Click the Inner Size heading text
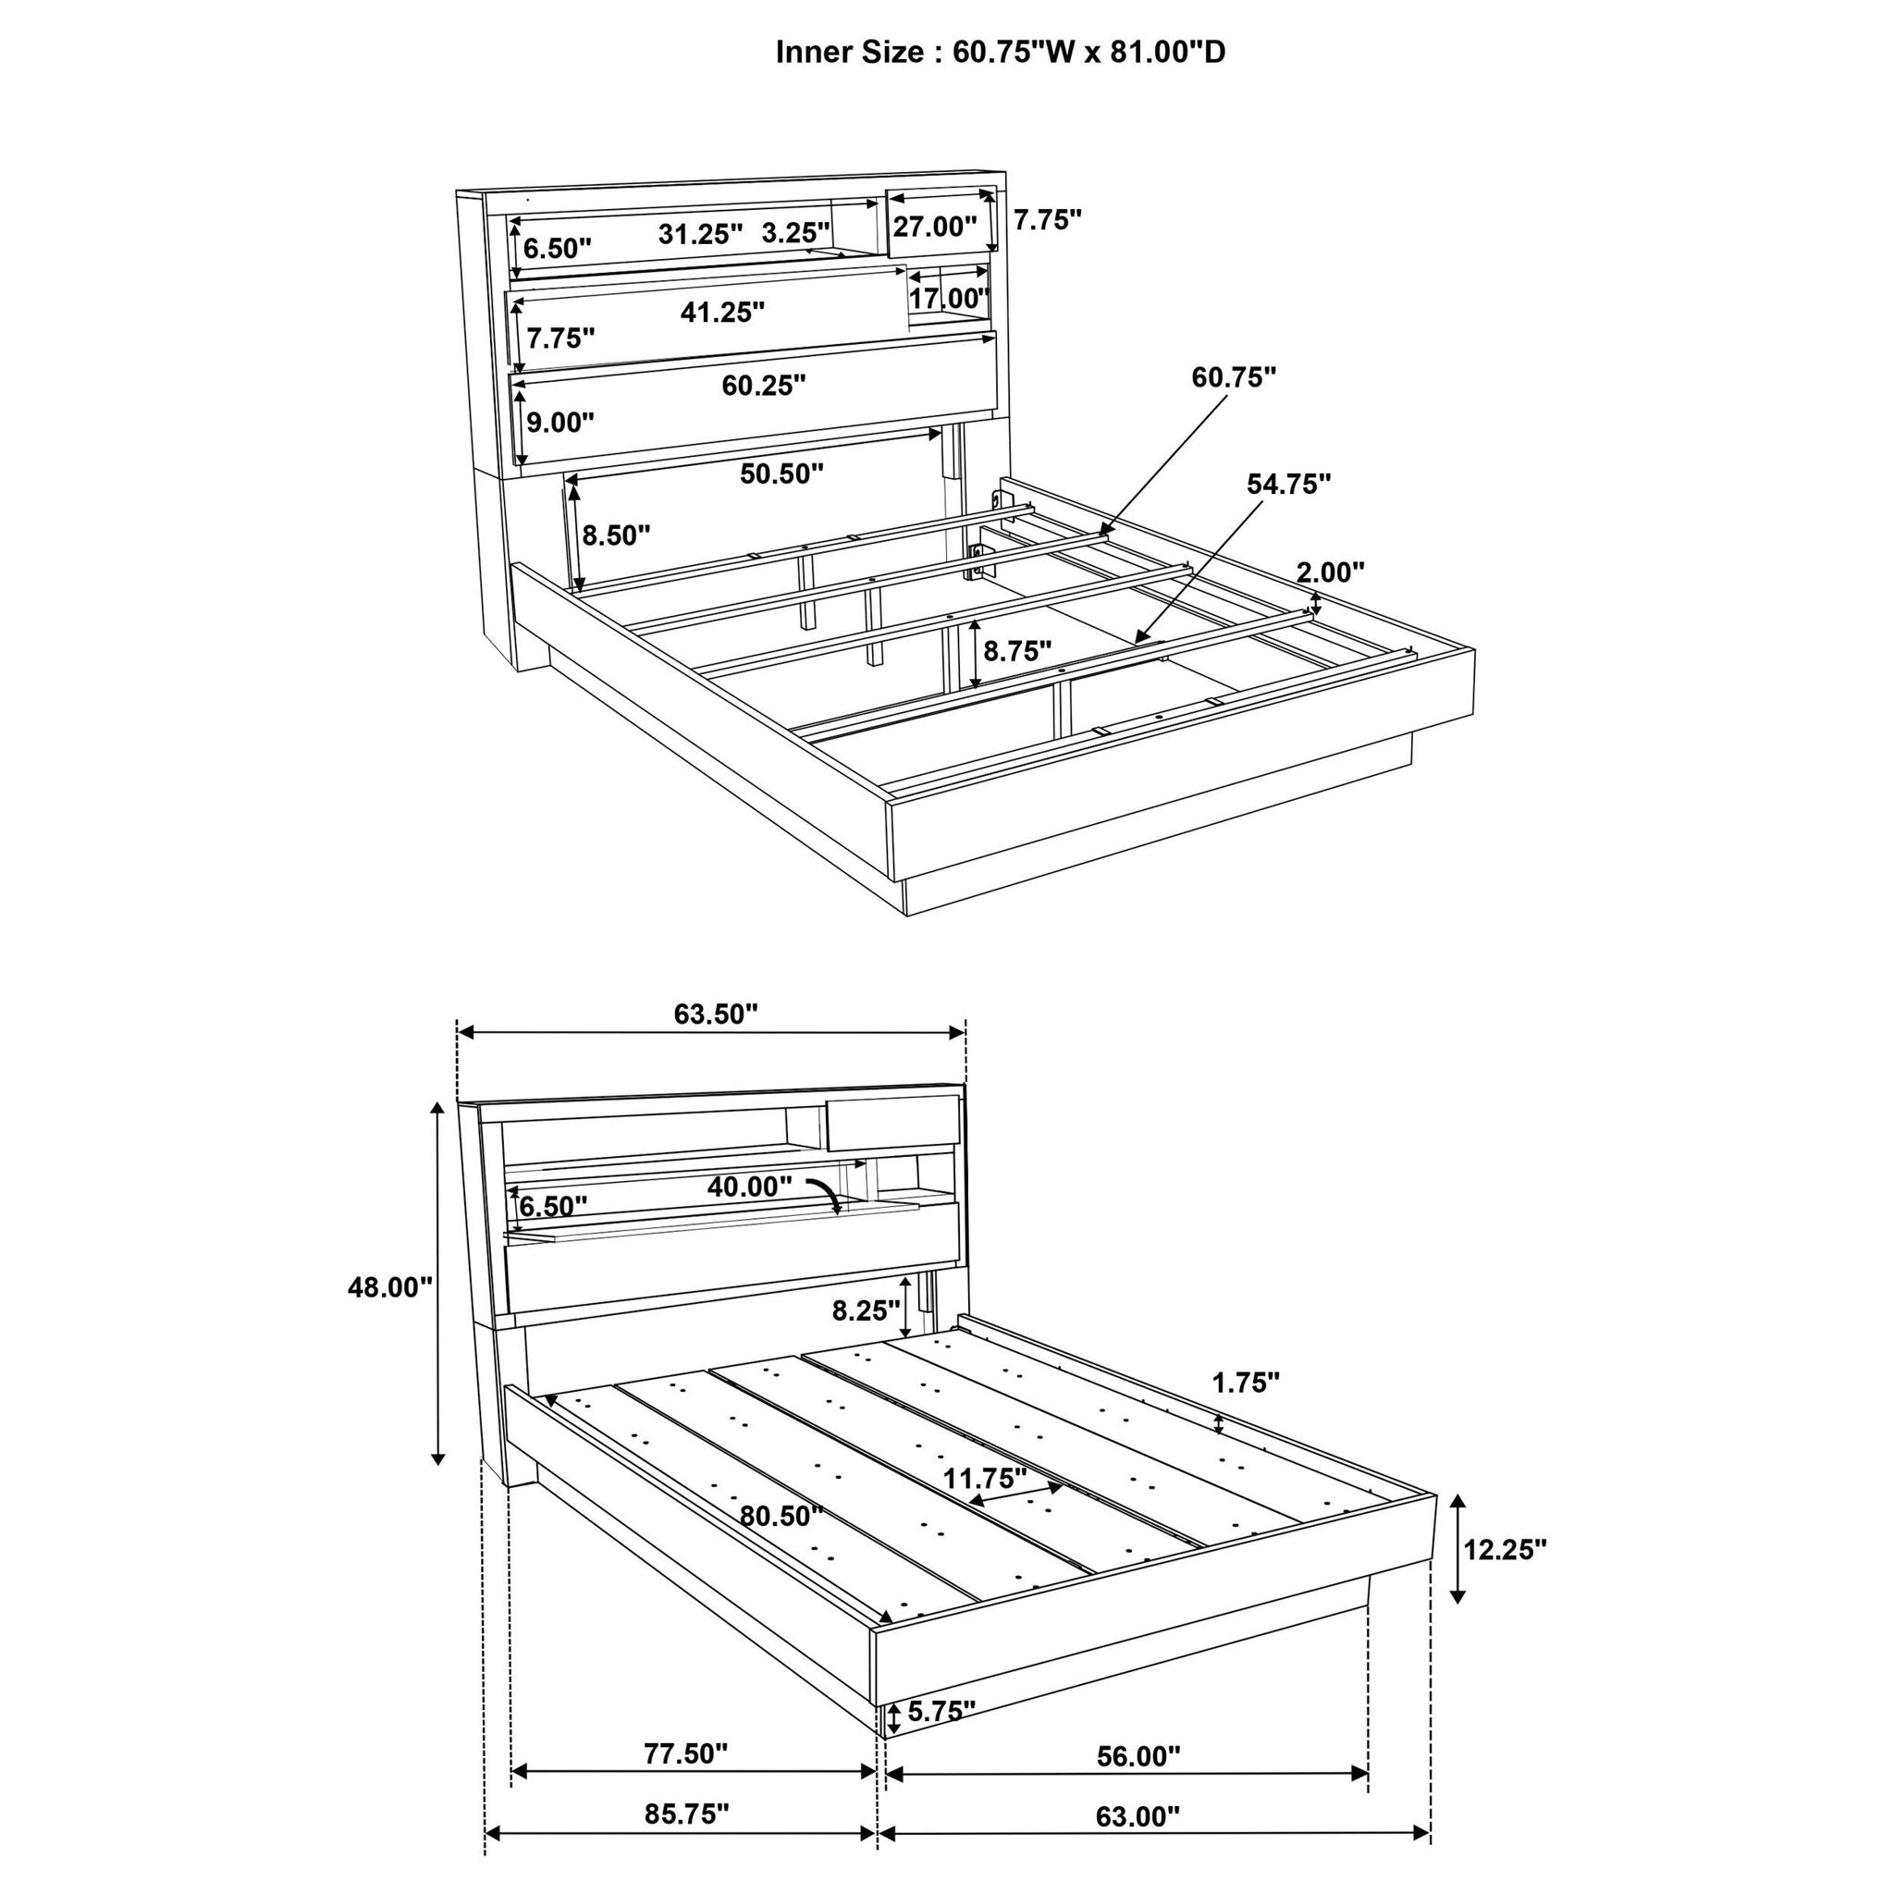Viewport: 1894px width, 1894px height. point(1000,52)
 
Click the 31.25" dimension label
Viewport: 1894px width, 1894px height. point(700,233)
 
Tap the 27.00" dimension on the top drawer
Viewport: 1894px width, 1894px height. point(934,227)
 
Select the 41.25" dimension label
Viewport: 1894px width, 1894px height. point(722,312)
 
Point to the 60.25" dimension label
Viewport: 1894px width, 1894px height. point(764,386)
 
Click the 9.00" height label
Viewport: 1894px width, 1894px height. point(560,423)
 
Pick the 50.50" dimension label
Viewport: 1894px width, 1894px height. point(781,473)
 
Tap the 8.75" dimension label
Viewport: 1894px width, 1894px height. point(1017,651)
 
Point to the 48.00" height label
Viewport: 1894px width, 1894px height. point(390,1287)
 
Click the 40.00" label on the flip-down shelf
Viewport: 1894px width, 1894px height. point(749,1187)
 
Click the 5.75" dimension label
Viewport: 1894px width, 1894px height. point(941,1711)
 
